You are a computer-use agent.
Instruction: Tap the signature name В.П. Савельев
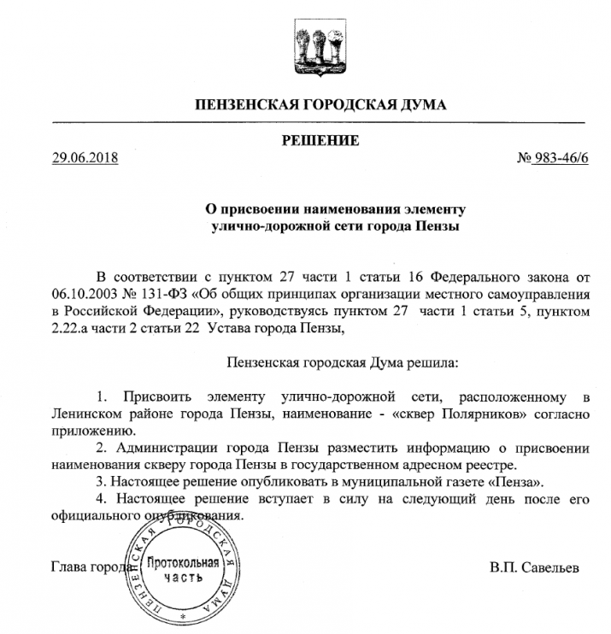tap(534, 567)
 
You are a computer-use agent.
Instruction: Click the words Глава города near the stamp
tap(90, 567)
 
